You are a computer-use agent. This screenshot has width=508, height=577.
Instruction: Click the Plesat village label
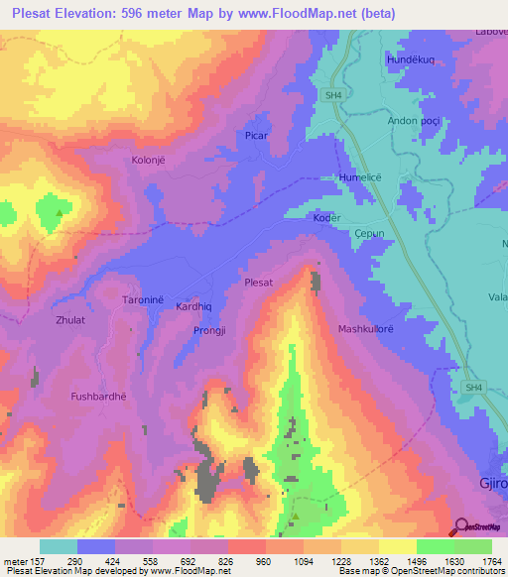pos(258,283)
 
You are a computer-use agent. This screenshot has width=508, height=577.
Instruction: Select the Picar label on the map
pos(257,135)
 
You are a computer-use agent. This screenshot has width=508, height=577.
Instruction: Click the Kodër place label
pos(326,218)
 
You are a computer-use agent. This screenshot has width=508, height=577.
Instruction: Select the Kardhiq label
pos(194,307)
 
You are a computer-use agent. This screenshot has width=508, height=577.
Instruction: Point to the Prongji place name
pos(211,330)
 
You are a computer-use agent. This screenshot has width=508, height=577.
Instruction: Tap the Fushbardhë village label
pos(99,397)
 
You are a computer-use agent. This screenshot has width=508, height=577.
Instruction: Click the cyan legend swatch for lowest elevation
pos(59,546)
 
